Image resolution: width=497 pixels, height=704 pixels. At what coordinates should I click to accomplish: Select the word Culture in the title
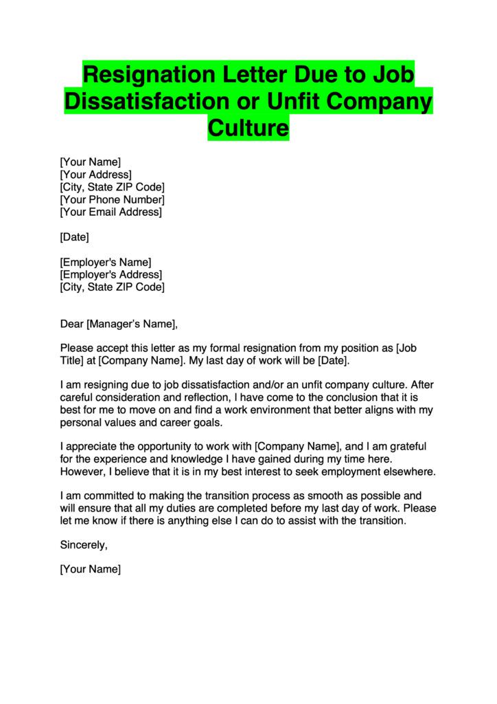248,128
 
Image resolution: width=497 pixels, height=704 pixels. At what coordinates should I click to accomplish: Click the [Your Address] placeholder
96,175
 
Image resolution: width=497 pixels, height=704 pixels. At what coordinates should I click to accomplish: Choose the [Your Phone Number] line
113,200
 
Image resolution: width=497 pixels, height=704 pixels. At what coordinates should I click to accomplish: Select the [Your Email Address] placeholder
111,212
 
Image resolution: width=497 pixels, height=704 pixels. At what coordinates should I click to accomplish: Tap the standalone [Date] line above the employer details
75,237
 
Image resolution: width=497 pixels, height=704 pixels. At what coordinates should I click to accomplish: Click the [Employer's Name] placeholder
106,262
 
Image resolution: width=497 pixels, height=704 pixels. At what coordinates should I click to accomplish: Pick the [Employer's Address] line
111,274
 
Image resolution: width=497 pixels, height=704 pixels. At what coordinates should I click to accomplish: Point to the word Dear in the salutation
71,324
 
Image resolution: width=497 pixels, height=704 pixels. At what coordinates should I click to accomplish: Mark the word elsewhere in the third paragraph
411,472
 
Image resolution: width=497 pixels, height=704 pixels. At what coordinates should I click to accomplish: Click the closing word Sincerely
84,545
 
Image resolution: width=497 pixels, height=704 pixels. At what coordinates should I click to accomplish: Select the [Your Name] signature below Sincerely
91,570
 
